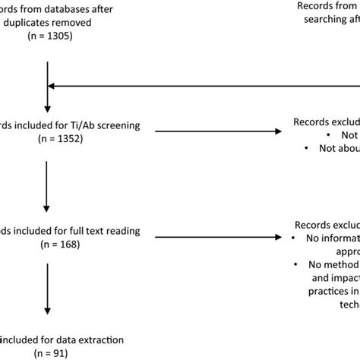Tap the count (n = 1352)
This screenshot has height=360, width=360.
click(47, 140)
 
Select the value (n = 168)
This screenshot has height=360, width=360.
click(47, 245)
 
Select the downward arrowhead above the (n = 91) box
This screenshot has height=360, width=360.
click(47, 312)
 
